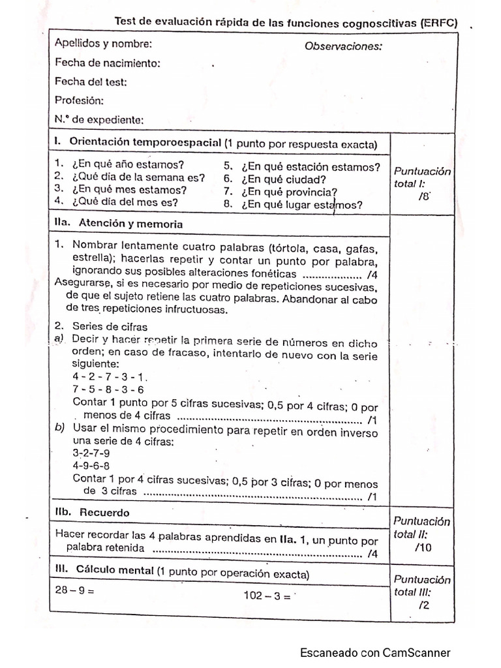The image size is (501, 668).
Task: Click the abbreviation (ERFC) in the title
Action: pyautogui.click(x=439, y=23)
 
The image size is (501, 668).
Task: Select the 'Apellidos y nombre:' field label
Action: pyautogui.click(x=104, y=44)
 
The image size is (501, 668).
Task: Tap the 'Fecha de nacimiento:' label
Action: pyautogui.click(x=108, y=63)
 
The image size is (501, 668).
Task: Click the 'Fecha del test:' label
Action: pyautogui.click(x=91, y=82)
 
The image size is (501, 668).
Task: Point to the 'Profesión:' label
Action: pyautogui.click(x=79, y=101)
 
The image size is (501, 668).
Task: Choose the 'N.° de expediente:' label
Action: pyautogui.click(x=99, y=120)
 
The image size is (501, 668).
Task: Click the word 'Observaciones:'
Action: pyautogui.click(x=343, y=46)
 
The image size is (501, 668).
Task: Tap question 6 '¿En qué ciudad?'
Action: pyautogui.click(x=283, y=179)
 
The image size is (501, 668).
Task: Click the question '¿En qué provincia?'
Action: pyautogui.click(x=288, y=192)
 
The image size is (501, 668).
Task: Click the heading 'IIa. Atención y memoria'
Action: pyautogui.click(x=119, y=223)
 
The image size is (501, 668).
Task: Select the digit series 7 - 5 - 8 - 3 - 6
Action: pyautogui.click(x=108, y=389)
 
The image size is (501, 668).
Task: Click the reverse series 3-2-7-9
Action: pyautogui.click(x=91, y=453)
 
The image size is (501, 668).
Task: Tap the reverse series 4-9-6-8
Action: pyautogui.click(x=91, y=466)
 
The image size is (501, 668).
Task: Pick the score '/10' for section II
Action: pyautogui.click(x=423, y=547)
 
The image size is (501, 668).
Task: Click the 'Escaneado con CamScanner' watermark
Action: pyautogui.click(x=374, y=652)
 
